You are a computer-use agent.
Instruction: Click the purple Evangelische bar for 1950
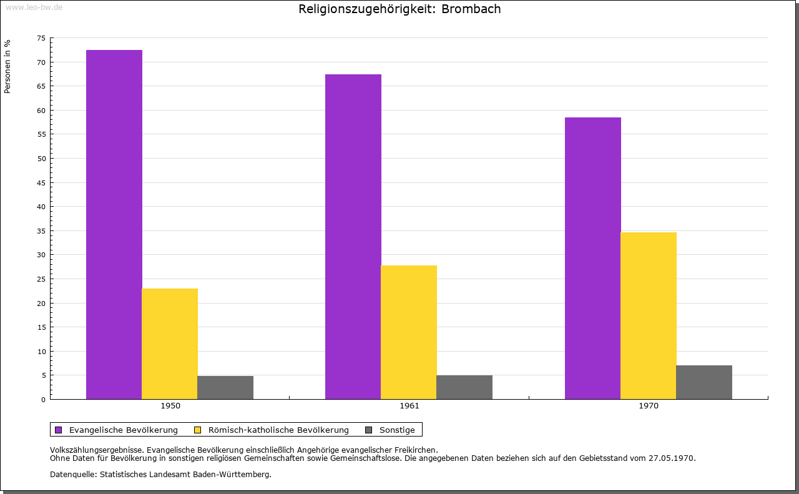coord(114,224)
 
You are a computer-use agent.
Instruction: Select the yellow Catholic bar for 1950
coord(170,343)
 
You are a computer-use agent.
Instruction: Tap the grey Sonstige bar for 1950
coord(225,387)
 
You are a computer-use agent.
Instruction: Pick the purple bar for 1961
coord(353,237)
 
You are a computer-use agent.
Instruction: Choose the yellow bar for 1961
coord(409,332)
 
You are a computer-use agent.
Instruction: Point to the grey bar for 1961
coord(464,387)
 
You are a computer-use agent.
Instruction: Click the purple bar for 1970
coord(593,258)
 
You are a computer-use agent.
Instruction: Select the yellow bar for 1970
coord(649,315)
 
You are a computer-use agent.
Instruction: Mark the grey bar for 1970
coord(704,382)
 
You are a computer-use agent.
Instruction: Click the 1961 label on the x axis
coord(409,406)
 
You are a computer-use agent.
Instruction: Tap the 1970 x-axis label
coord(649,406)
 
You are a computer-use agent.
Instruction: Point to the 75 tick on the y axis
coord(41,38)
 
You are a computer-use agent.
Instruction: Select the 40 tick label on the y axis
coord(41,207)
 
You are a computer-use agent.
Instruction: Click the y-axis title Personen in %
coord(7,66)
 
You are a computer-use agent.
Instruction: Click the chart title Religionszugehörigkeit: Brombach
coord(399,9)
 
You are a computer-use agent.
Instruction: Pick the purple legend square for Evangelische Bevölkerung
coord(59,430)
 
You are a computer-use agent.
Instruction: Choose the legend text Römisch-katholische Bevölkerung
coord(278,430)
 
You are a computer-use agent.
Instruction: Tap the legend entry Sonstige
coord(397,430)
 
